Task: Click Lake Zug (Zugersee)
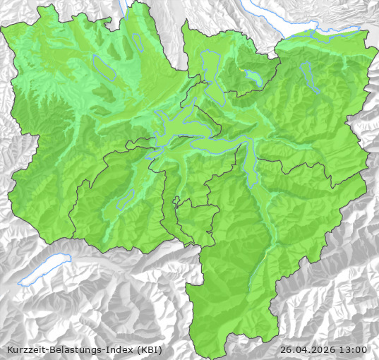click(212, 71)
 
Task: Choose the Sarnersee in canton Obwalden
click(126, 200)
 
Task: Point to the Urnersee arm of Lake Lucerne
click(249, 168)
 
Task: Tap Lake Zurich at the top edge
click(282, 21)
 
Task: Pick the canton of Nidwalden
click(184, 176)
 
